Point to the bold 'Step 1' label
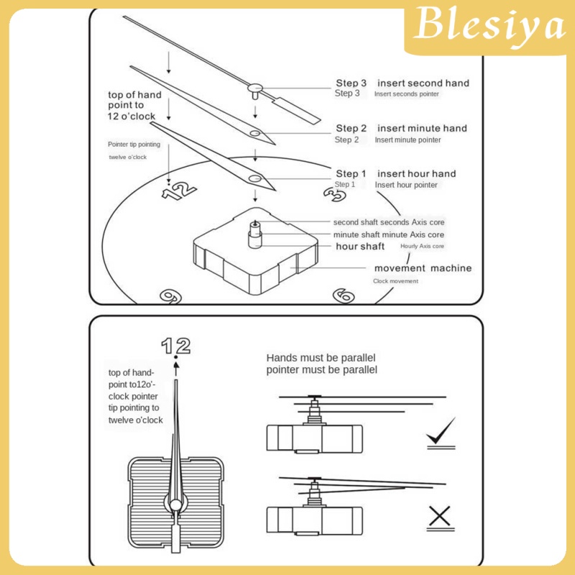(351, 173)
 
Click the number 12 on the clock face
(178, 190)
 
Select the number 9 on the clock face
(170, 296)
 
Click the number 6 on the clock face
(343, 295)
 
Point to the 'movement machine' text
(423, 268)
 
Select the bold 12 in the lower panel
(175, 346)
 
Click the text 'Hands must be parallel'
(321, 357)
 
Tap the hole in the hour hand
(254, 178)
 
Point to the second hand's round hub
(254, 88)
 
